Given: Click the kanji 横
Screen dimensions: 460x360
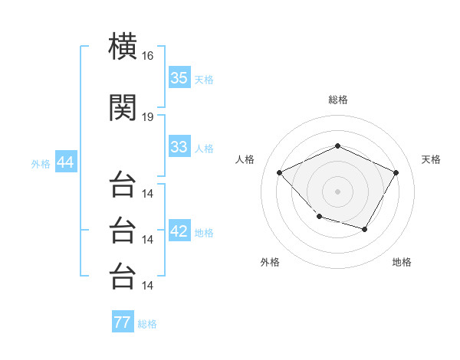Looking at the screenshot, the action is (123, 46).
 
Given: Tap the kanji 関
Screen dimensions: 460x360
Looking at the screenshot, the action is (123, 107).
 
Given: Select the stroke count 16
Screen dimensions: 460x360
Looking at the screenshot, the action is (147, 56).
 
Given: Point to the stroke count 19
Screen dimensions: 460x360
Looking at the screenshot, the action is (147, 117).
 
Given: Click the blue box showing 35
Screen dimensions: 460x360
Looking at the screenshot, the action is (179, 77).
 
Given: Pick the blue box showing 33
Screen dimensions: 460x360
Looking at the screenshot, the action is (179, 146).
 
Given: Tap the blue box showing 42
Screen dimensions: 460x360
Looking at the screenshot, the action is (179, 230).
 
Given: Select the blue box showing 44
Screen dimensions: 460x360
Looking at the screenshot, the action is (66, 162).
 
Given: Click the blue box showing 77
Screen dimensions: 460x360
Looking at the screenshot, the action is (123, 321).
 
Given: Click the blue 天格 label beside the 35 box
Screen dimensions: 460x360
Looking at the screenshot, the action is (204, 80).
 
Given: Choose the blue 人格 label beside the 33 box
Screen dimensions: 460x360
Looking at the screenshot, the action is (204, 149).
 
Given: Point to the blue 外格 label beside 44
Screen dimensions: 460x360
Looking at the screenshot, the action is (41, 164).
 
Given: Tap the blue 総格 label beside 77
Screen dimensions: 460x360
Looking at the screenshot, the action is (147, 324).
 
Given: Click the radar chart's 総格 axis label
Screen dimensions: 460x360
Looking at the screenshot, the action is (338, 100).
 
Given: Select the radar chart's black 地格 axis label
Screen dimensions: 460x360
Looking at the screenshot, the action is (402, 262).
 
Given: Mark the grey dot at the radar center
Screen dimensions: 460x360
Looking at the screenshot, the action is (337, 191).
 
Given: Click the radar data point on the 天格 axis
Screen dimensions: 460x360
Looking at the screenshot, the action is (396, 172).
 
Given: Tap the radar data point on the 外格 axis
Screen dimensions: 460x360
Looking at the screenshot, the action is (320, 217).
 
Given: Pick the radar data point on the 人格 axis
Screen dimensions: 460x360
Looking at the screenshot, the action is (280, 172).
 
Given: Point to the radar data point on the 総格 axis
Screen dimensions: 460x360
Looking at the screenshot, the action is (337, 146).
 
